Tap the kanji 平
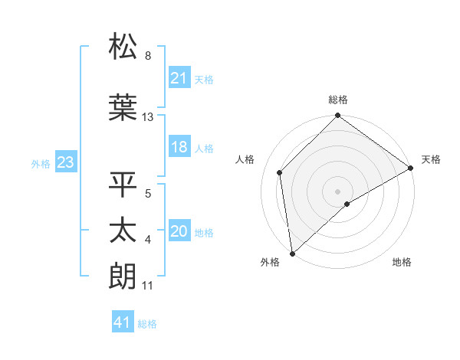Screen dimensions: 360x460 [123, 185]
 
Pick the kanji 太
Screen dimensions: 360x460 [123, 231]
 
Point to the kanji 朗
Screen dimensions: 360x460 [123, 276]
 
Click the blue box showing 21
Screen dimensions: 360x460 [179, 78]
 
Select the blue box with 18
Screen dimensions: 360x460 [179, 147]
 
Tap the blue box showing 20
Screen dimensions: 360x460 [179, 231]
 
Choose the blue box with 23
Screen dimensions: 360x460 [65, 162]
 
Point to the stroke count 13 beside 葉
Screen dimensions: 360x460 [148, 117]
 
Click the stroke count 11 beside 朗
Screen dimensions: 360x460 [148, 286]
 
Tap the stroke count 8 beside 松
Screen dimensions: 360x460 [148, 56]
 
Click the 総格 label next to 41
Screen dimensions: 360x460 [147, 324]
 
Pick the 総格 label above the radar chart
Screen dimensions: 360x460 [337, 100]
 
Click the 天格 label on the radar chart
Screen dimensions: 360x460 [431, 159]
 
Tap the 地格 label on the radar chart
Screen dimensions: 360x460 [402, 263]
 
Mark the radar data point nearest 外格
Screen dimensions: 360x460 [292, 253]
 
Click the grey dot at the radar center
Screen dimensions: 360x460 [337, 190]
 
